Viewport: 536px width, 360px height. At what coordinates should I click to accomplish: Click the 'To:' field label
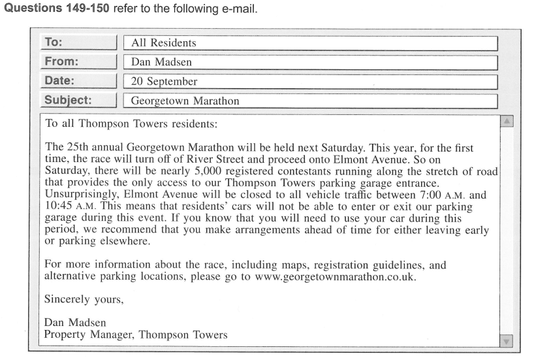(x=54, y=43)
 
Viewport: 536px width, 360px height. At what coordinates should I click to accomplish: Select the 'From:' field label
(x=61, y=62)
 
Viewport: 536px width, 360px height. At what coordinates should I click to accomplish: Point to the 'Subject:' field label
(x=67, y=101)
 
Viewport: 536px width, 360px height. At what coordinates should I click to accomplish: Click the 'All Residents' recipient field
(x=163, y=44)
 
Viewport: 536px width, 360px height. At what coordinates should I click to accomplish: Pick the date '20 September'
(x=165, y=82)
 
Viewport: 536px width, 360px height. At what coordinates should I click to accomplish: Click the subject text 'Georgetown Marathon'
(x=185, y=101)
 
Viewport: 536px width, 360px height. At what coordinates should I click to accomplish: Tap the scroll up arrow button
(x=508, y=122)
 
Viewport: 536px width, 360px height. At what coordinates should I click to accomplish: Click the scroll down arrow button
(x=508, y=341)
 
